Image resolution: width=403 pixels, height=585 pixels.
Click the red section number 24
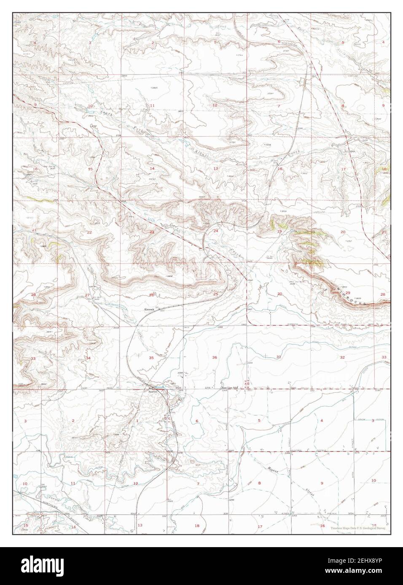[x=215, y=231]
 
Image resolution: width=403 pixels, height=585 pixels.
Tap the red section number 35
[x=151, y=357]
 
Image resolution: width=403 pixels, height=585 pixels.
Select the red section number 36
[x=215, y=357]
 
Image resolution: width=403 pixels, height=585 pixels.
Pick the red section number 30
[x=279, y=294]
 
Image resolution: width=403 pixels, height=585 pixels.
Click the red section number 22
[x=89, y=232]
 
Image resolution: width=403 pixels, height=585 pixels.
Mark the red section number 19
[x=279, y=231]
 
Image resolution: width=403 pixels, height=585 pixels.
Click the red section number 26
[x=151, y=295]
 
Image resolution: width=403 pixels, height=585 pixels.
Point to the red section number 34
[x=88, y=358]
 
